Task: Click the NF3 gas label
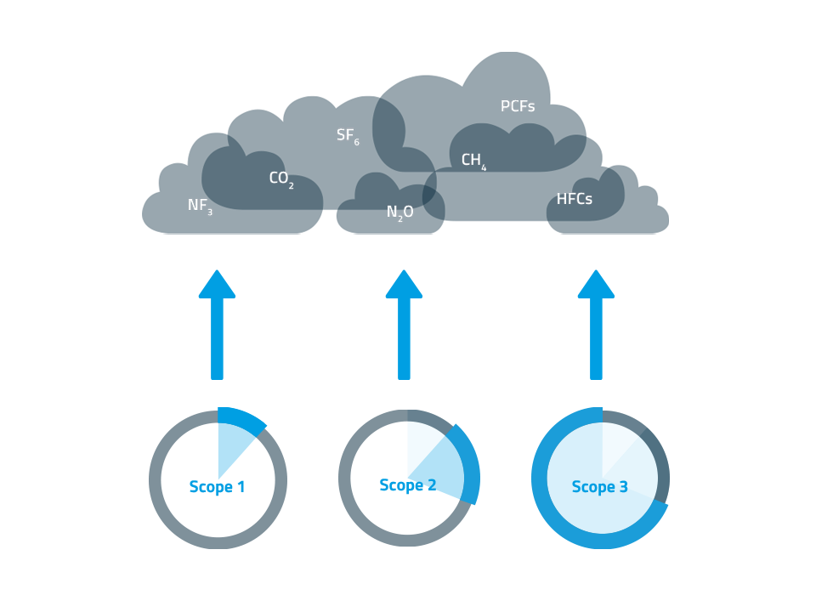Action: pyautogui.click(x=200, y=206)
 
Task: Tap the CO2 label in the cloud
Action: pyautogui.click(x=281, y=179)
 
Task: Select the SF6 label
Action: pyautogui.click(x=348, y=136)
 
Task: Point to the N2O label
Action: pyautogui.click(x=400, y=212)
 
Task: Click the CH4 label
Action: pyautogui.click(x=473, y=161)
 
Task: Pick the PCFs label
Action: pyautogui.click(x=518, y=107)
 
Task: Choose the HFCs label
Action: pyautogui.click(x=575, y=200)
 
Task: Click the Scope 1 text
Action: pyautogui.click(x=217, y=487)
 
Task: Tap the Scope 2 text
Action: pyautogui.click(x=408, y=485)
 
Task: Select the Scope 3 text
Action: pyautogui.click(x=600, y=487)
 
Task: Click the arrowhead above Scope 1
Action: pyautogui.click(x=217, y=285)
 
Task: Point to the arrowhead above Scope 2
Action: pyautogui.click(x=404, y=285)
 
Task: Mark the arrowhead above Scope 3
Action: pyautogui.click(x=596, y=285)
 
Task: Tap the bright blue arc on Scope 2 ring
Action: pyautogui.click(x=470, y=463)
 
